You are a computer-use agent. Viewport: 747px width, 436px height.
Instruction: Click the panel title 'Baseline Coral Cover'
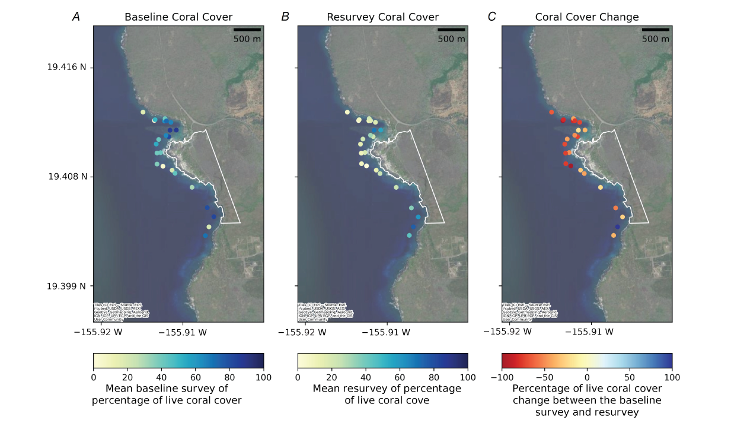pyautogui.click(x=178, y=17)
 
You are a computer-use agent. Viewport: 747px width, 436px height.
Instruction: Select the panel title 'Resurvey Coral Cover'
pyautogui.click(x=382, y=17)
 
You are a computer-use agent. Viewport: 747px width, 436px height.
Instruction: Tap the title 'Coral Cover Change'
pyautogui.click(x=586, y=17)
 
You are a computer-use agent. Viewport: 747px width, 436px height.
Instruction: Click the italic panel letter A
pyautogui.click(x=76, y=17)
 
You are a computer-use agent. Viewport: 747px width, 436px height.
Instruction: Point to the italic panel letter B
pyautogui.click(x=285, y=17)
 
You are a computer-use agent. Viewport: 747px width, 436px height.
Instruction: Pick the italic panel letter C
pyautogui.click(x=491, y=17)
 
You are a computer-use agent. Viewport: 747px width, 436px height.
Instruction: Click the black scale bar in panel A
pyautogui.click(x=247, y=29)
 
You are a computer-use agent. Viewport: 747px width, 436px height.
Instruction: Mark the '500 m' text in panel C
pyautogui.click(x=655, y=39)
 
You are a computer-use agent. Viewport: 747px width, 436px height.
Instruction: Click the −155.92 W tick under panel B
pyautogui.click(x=302, y=332)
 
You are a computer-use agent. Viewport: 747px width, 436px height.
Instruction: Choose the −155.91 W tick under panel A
pyautogui.click(x=183, y=332)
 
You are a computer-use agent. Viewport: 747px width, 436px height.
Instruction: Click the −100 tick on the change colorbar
pyautogui.click(x=502, y=377)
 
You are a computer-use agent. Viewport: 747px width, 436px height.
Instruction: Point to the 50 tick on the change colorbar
pyautogui.click(x=629, y=377)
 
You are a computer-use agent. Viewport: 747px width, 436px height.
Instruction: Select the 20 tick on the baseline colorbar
pyautogui.click(x=127, y=377)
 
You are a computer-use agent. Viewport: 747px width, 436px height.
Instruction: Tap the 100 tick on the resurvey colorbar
pyautogui.click(x=468, y=377)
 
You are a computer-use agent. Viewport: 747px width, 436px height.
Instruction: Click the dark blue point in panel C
pyautogui.click(x=617, y=227)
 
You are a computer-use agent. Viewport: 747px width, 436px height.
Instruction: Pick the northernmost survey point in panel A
pyautogui.click(x=143, y=112)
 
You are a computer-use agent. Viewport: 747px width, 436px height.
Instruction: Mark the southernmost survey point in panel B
pyautogui.click(x=409, y=235)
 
